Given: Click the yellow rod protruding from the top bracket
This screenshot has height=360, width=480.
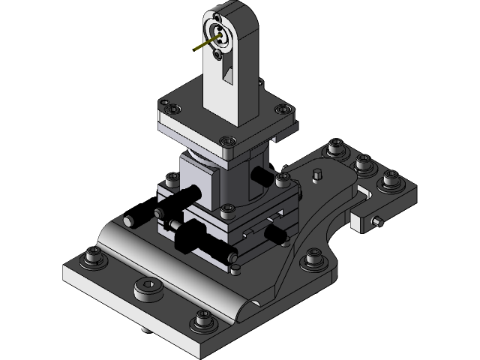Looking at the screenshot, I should pos(202,46).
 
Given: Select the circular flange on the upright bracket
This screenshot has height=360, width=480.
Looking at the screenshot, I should pos(222,34).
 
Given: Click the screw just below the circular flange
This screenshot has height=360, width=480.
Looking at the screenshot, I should pos(219,54).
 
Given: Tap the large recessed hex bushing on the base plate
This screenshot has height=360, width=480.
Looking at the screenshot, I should pos(148,288).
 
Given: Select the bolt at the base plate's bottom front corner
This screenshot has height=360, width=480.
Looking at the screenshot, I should pos(201,321).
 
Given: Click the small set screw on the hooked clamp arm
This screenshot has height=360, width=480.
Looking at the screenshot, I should pos(376,223).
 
